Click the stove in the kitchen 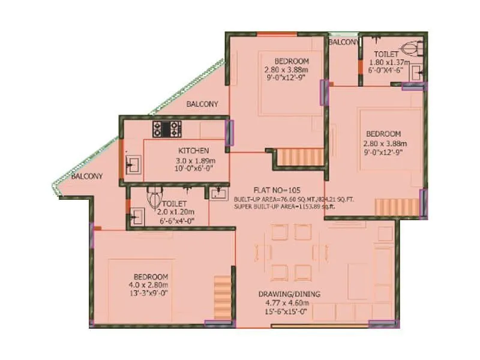(x=167, y=128)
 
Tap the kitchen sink (x=131, y=163)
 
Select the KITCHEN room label (x=193, y=150)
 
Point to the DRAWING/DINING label (x=289, y=294)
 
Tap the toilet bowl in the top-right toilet (x=410, y=47)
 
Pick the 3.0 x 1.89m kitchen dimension (x=194, y=161)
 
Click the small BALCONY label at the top (x=344, y=43)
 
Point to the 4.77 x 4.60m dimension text (x=289, y=304)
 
